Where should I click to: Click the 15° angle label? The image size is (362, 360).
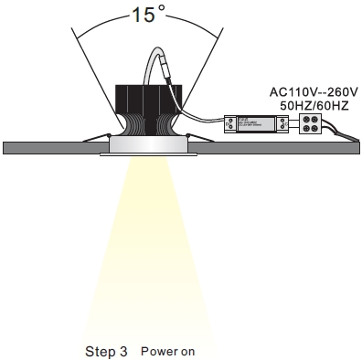click(149, 16)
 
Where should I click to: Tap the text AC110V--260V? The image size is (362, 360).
click(311, 91)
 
